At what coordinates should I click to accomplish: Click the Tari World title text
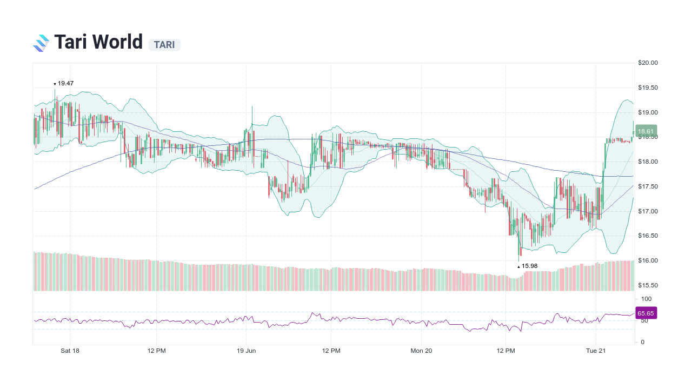pos(98,42)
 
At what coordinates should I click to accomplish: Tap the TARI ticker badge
pos(164,45)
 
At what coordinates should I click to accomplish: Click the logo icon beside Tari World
pos(41,43)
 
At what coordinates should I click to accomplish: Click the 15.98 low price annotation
pos(529,266)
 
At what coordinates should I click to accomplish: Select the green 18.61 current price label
pos(646,131)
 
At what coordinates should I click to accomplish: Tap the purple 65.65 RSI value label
pos(646,313)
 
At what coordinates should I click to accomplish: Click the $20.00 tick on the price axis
pos(648,63)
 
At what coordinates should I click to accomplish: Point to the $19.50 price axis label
pos(648,88)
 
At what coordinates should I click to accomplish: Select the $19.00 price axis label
pos(648,112)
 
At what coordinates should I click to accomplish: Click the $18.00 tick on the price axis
pos(648,162)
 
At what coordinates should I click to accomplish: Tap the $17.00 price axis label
pos(648,211)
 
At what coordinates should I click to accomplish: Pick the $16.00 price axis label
pos(648,260)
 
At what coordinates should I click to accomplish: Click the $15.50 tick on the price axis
pos(648,285)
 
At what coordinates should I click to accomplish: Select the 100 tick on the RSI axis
pos(646,299)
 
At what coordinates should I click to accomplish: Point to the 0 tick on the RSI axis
pos(642,342)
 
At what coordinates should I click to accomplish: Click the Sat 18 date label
pos(70,351)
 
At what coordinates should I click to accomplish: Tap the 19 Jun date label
pos(247,351)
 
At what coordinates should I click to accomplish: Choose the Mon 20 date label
pos(421,351)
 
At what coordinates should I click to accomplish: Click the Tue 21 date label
pos(596,351)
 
